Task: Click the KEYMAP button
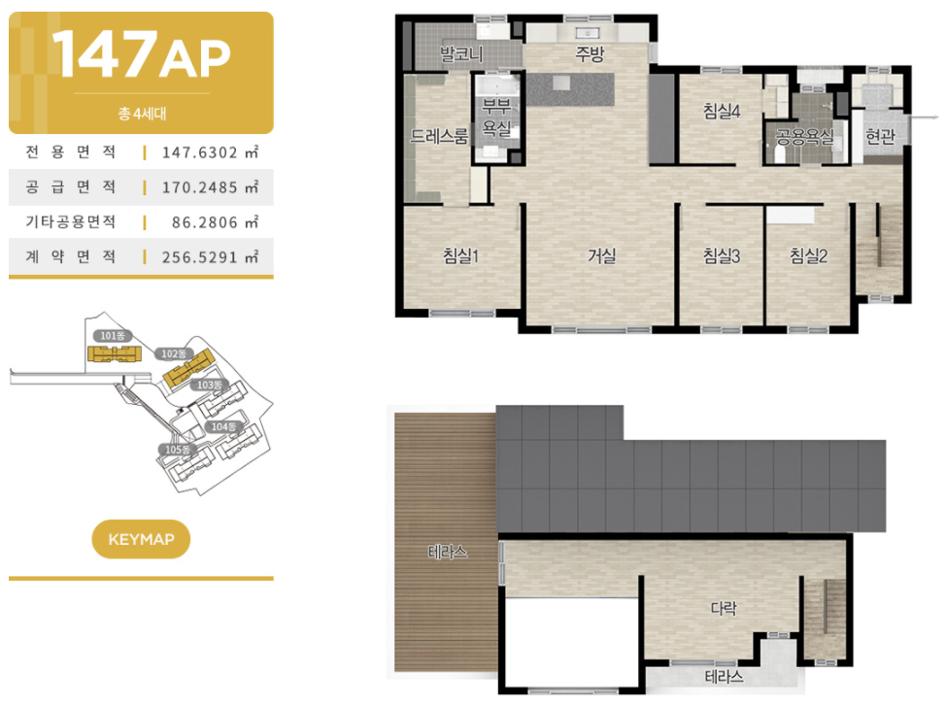141,539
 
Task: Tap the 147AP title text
141,54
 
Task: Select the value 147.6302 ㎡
210,151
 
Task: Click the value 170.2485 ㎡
210,186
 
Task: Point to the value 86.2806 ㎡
216,221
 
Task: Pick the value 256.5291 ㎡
210,256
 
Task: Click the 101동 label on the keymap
112,336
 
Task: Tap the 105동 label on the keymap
177,450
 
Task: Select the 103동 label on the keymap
210,385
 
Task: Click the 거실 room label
601,256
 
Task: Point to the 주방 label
590,54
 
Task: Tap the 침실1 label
460,256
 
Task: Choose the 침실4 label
722,111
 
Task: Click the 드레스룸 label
439,136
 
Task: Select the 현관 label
880,137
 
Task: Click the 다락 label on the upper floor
724,608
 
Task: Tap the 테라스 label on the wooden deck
447,552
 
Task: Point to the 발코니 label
461,54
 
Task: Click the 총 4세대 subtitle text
142,114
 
